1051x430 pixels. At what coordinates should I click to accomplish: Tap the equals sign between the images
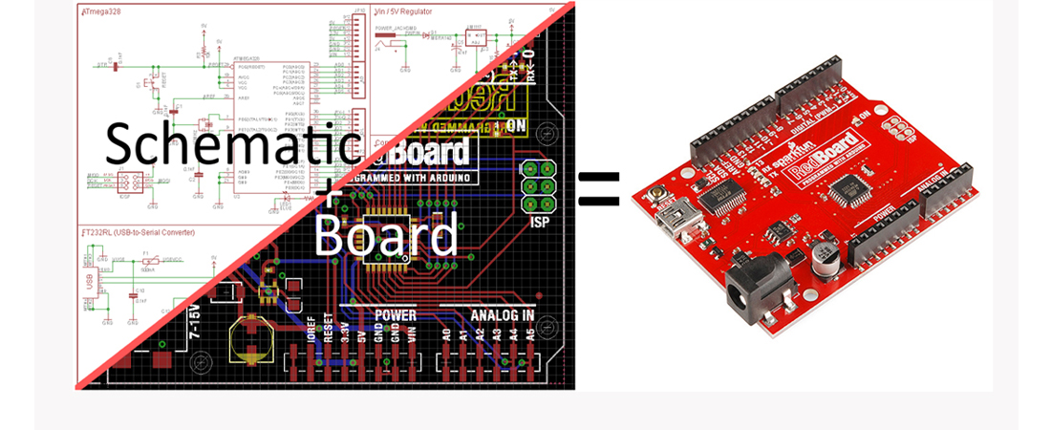point(599,188)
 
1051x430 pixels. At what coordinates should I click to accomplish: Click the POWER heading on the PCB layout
point(396,314)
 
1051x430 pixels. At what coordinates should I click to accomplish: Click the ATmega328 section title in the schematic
point(103,12)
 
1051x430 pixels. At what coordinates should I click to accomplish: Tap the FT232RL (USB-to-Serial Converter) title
point(139,232)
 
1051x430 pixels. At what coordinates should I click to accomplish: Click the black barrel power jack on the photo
point(759,286)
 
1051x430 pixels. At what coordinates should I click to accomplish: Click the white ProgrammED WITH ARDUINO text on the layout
point(417,178)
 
